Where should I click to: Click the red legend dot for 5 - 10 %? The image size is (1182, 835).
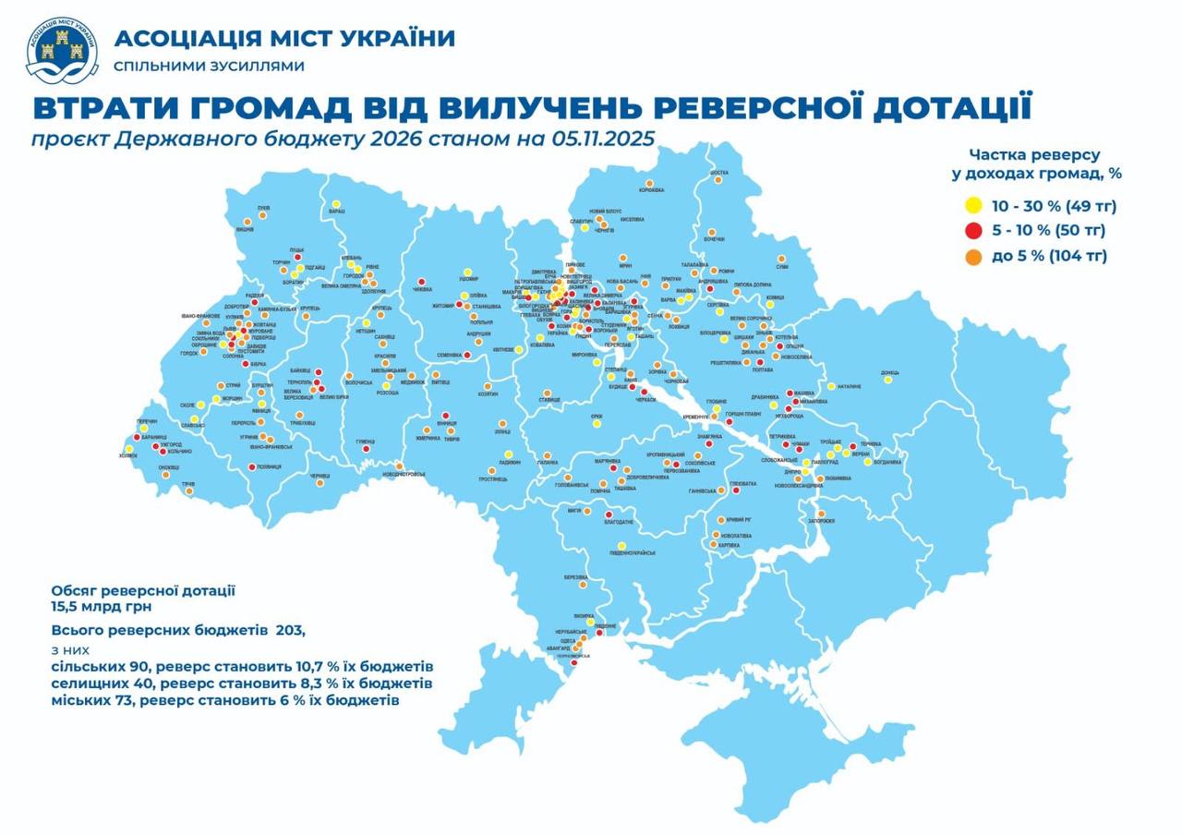pyautogui.click(x=972, y=230)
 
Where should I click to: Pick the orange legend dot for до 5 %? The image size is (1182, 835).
pyautogui.click(x=972, y=256)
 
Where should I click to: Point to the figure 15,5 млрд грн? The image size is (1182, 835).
pyautogui.click(x=102, y=607)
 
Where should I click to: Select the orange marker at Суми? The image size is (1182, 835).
pyautogui.click(x=782, y=259)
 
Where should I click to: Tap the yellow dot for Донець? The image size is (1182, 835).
pyautogui.click(x=887, y=380)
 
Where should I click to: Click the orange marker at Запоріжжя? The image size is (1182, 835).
pyautogui.click(x=820, y=514)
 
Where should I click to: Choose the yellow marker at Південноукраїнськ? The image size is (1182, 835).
pyautogui.click(x=621, y=545)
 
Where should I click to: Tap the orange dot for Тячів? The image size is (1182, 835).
pyautogui.click(x=188, y=491)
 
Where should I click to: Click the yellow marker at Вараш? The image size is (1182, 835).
pyautogui.click(x=336, y=204)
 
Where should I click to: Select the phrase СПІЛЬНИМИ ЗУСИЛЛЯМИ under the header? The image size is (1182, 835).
pyautogui.click(x=209, y=67)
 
